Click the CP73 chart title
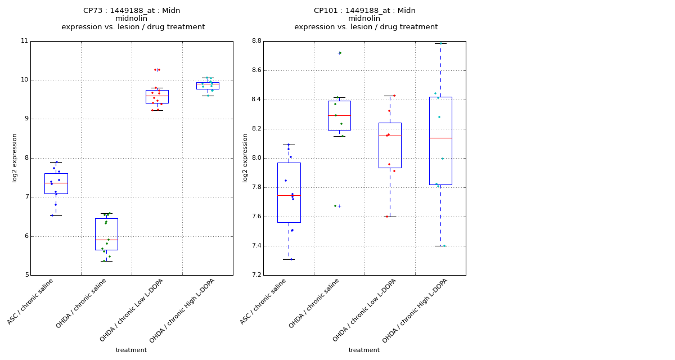pyautogui.click(x=133, y=19)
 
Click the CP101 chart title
pyautogui.click(x=366, y=19)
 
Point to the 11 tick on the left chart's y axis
pyautogui.click(x=24, y=41)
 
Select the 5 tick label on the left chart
pyautogui.click(x=26, y=275)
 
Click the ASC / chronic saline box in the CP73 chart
pyautogui.click(x=56, y=183)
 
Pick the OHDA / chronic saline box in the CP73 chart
pyautogui.click(x=106, y=234)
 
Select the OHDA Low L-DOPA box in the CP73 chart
pyautogui.click(x=157, y=96)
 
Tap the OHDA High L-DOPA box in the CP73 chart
pyautogui.click(x=208, y=85)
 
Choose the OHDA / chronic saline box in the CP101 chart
pyautogui.click(x=339, y=115)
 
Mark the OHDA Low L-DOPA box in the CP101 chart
pyautogui.click(x=390, y=145)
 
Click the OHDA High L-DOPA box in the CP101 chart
pyautogui.click(x=440, y=141)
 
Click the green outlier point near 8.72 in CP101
pyautogui.click(x=340, y=53)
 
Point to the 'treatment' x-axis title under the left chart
pyautogui.click(x=131, y=350)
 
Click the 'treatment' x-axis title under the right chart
pyautogui.click(x=364, y=350)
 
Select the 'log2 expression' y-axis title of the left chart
pyautogui.click(x=15, y=157)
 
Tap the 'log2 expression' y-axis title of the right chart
pyautogui.click(x=245, y=157)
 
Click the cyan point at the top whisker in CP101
pyautogui.click(x=441, y=43)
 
